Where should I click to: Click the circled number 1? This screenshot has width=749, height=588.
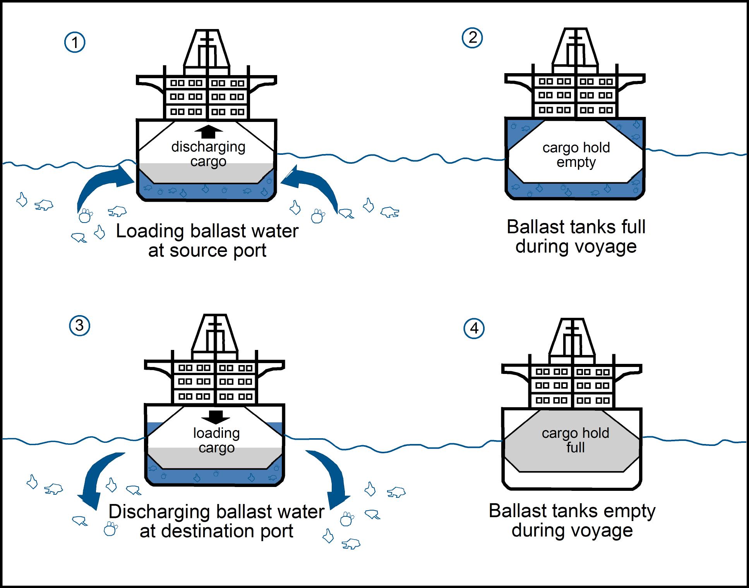coord(75,42)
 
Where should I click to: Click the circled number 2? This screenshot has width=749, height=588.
coord(473,38)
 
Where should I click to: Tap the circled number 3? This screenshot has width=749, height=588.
coord(79,326)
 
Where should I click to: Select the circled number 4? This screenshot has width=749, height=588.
coord(474,329)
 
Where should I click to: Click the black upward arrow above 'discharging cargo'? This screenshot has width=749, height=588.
coord(209,132)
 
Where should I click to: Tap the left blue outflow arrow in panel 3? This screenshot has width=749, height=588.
coord(99,478)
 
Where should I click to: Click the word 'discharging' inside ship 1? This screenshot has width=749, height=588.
coord(208,147)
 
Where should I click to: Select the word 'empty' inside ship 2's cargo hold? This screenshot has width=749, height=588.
coord(576,163)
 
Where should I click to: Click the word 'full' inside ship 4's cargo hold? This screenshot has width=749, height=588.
coord(576,447)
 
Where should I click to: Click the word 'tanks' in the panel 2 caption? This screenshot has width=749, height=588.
coord(594,227)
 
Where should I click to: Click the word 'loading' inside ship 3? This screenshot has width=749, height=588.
coord(216,433)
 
